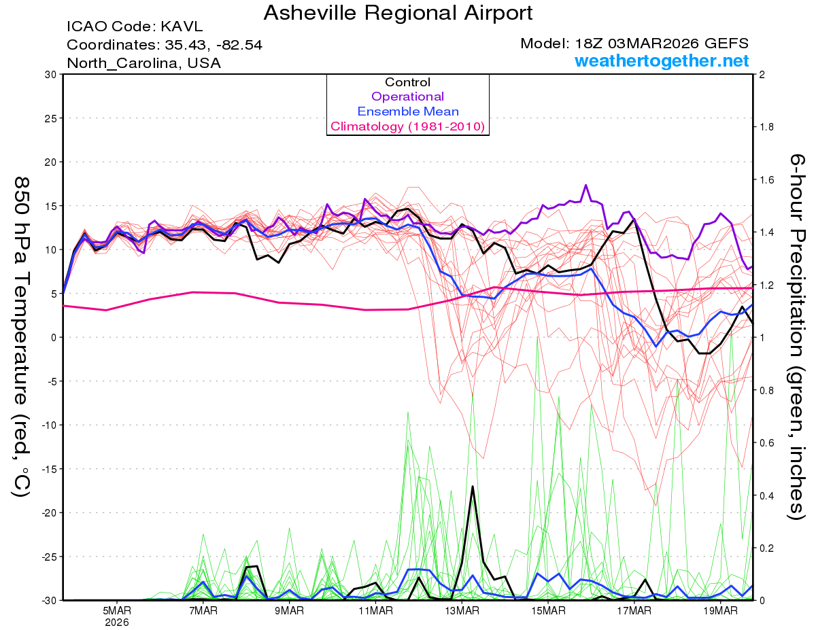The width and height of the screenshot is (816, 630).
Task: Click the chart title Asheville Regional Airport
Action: point(398,13)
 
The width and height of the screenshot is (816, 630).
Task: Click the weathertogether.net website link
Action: point(662,61)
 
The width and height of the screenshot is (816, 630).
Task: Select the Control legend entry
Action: point(407,82)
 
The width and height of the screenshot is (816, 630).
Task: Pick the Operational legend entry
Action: point(407,97)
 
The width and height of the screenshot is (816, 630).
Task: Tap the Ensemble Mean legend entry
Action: point(407,111)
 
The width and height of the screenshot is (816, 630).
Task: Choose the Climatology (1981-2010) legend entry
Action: point(407,126)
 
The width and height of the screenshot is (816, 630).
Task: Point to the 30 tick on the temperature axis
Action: point(49,75)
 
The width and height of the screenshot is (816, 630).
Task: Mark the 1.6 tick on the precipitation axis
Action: point(768,180)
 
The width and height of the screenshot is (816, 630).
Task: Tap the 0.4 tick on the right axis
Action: point(768,495)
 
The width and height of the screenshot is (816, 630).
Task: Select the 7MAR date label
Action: point(203,610)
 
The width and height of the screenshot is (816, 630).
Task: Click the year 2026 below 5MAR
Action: point(117,622)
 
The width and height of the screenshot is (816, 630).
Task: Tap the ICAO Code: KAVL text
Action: point(135,27)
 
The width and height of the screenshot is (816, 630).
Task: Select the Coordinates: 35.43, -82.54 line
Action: point(165,45)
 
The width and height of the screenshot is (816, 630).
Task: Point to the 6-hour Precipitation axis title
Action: point(796,336)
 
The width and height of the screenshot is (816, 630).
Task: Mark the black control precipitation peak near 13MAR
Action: point(472,487)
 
